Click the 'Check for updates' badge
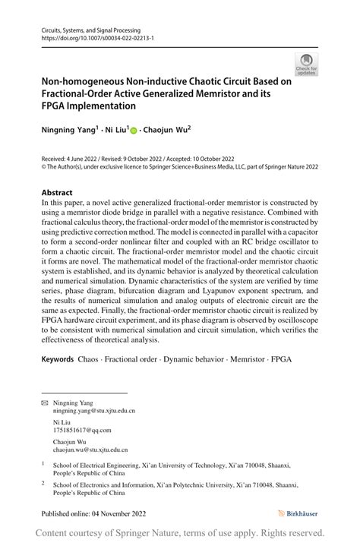[x=307, y=64]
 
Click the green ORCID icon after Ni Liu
[x=134, y=131]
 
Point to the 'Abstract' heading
[x=58, y=192]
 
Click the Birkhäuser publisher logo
[x=298, y=513]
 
